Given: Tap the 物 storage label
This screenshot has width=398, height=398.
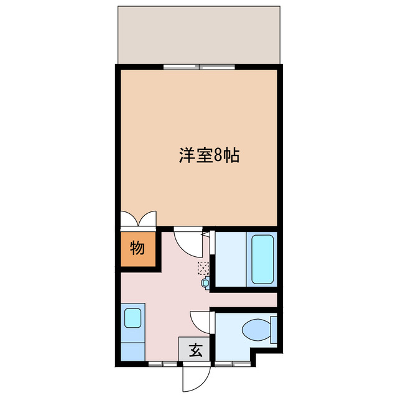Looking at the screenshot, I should coord(137,248).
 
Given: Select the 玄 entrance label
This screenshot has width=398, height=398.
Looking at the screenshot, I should coord(195,350).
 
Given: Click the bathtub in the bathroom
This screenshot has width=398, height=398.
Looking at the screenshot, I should coord(262,259).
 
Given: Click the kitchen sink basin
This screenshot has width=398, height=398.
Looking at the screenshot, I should coord(133,318).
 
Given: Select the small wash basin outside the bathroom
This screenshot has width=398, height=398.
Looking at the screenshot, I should coord(206,284).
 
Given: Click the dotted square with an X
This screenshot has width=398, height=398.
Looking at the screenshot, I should coord(203,268).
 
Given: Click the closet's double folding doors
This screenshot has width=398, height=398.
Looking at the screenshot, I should coord(138,220).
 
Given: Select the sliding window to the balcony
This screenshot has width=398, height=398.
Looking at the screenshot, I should coord(199,66).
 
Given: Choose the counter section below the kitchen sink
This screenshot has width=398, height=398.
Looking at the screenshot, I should coord(132,348).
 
